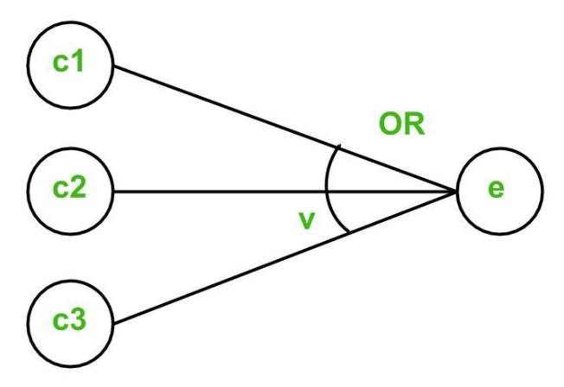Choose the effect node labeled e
497,190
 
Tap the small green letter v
304,220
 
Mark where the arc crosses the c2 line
325,190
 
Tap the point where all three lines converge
455,190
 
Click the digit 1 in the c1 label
84,65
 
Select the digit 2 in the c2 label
84,188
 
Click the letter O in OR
390,125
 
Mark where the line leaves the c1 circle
114,68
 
